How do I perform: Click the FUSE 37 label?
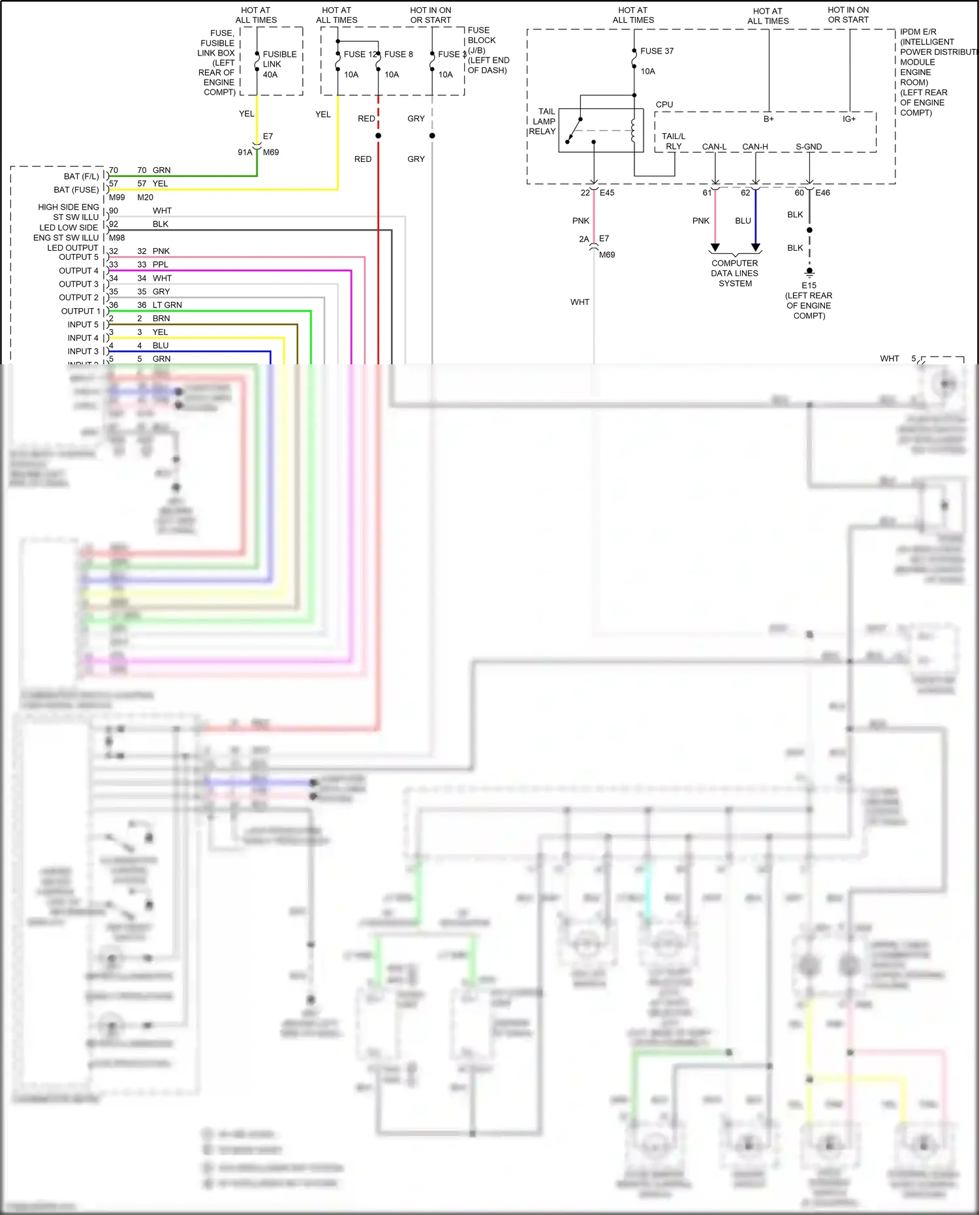pyautogui.click(x=657, y=51)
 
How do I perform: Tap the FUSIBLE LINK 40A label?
pyautogui.click(x=279, y=64)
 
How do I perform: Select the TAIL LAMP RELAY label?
pyautogui.click(x=542, y=121)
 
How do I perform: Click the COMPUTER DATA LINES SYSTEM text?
pyautogui.click(x=735, y=274)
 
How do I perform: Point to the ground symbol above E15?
pyautogui.click(x=809, y=272)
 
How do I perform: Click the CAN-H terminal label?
pyautogui.click(x=755, y=147)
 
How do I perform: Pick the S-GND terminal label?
pyautogui.click(x=809, y=147)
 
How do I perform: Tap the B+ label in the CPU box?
pyautogui.click(x=769, y=119)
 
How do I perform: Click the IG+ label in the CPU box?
pyautogui.click(x=848, y=119)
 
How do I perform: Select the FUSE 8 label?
pyautogui.click(x=398, y=54)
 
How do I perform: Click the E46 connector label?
pyautogui.click(x=822, y=193)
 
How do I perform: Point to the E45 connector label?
pyautogui.click(x=607, y=193)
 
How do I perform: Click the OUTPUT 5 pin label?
pyautogui.click(x=78, y=257)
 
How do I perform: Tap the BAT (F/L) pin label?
pyautogui.click(x=81, y=176)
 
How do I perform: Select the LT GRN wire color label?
pyautogui.click(x=167, y=305)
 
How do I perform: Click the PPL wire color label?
pyautogui.click(x=161, y=264)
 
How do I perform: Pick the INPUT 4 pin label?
pyautogui.click(x=83, y=338)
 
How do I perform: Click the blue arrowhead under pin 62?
pyautogui.click(x=756, y=247)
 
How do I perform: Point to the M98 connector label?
pyautogui.click(x=117, y=238)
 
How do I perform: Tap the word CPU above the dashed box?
pyautogui.click(x=664, y=104)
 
